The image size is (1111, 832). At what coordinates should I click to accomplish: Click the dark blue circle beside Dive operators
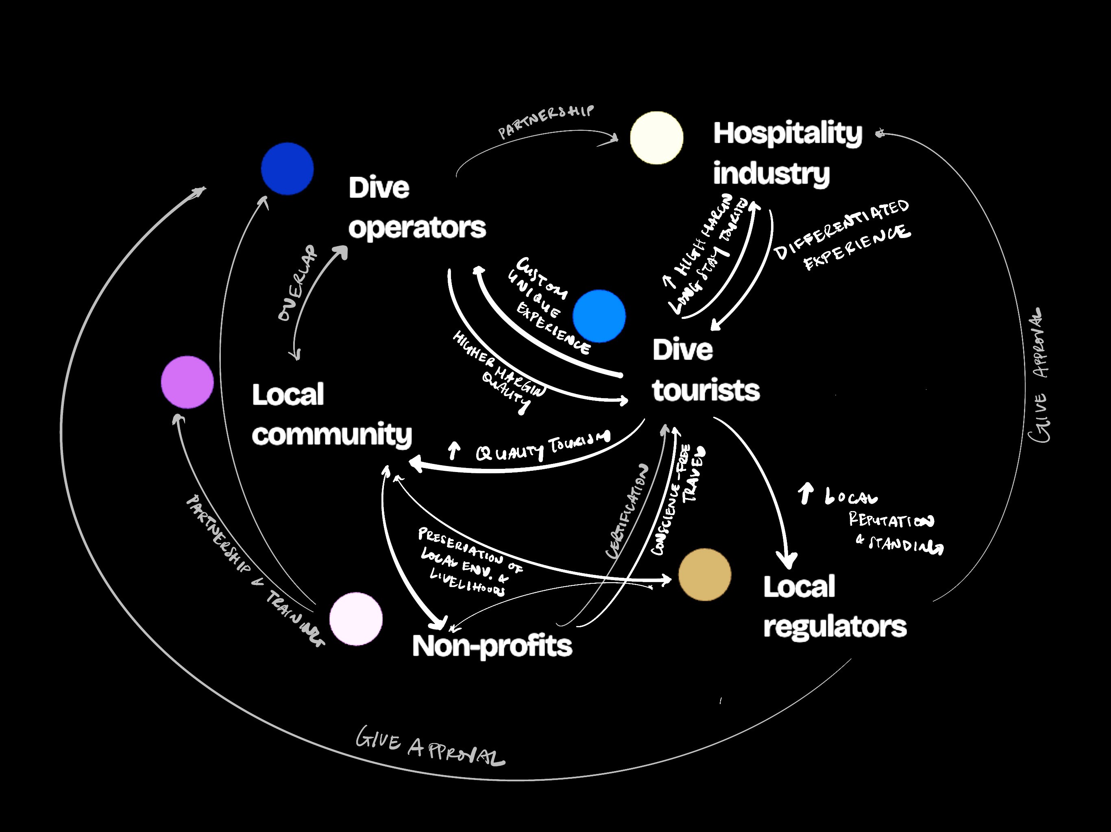[x=287, y=169]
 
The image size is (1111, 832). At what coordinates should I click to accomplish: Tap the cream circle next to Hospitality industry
[x=656, y=138]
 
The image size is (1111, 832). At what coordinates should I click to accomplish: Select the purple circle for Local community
[x=187, y=382]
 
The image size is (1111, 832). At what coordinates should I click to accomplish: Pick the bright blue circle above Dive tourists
[x=599, y=316]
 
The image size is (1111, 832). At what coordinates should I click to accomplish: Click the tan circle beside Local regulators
[x=705, y=574]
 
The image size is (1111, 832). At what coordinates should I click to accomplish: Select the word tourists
[x=706, y=390]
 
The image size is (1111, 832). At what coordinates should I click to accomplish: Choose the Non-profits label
[x=492, y=646]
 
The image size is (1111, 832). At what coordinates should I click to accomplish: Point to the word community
[x=331, y=435]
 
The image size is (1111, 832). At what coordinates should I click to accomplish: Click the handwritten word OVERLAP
[x=298, y=284]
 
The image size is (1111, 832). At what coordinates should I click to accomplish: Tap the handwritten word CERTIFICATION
[x=627, y=512]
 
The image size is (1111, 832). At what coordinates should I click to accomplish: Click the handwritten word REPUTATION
[x=891, y=520]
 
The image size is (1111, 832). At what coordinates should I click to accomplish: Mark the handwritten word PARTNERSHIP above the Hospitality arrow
[x=546, y=121]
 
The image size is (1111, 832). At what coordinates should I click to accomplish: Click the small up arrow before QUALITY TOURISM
[x=454, y=451]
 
